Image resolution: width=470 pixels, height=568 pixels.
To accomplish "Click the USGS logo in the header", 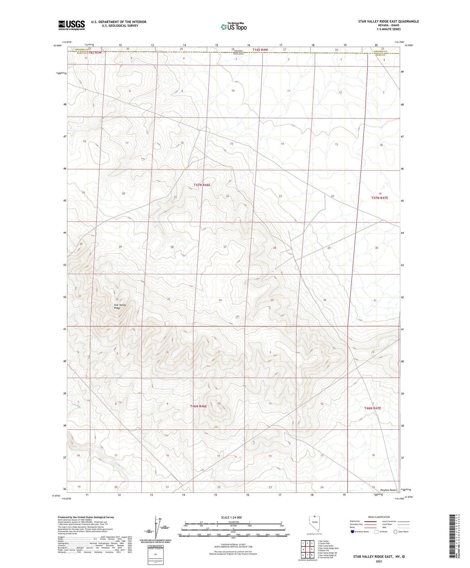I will click(x=72, y=25).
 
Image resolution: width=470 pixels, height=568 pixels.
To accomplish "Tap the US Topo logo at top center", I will click(x=233, y=27).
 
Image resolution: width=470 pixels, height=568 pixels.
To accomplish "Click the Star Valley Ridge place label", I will click(x=120, y=306).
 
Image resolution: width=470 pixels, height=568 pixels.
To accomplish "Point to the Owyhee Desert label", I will click(x=388, y=490).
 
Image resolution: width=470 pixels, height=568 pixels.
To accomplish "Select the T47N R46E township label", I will click(x=202, y=185).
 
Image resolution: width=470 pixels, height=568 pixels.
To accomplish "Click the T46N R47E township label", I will click(x=372, y=408).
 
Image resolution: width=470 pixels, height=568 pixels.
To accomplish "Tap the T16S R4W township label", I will click(x=260, y=49).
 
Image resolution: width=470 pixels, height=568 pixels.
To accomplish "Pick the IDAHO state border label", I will click(x=238, y=51).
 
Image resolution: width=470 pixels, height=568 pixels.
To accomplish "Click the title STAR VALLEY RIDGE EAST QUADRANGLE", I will click(x=388, y=21).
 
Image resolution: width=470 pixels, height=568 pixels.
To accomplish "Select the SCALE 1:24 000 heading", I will click(x=231, y=518).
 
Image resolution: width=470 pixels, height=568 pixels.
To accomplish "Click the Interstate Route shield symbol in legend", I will click(x=353, y=532).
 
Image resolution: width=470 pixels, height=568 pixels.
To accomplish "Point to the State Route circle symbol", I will click(x=396, y=532).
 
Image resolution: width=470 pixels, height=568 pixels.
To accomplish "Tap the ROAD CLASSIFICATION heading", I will click(x=379, y=517).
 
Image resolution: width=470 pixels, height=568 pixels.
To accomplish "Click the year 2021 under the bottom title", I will click(x=379, y=561).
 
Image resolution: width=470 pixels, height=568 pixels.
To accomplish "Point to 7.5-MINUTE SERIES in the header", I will click(x=388, y=29).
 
